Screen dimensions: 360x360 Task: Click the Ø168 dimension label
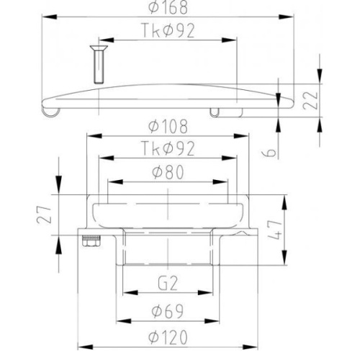pos(168,7)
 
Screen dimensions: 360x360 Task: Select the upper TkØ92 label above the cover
pos(168,30)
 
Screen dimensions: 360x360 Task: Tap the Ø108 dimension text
pos(168,126)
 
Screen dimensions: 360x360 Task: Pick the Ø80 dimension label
pos(168,172)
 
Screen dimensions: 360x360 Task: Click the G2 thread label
pos(168,283)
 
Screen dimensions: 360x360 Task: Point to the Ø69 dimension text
pos(168,311)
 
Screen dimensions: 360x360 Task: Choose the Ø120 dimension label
pos(168,338)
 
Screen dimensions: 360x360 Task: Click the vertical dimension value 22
pos(310,101)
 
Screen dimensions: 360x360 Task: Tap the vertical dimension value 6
pos(271,153)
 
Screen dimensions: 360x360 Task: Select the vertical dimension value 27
pos(45,215)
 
